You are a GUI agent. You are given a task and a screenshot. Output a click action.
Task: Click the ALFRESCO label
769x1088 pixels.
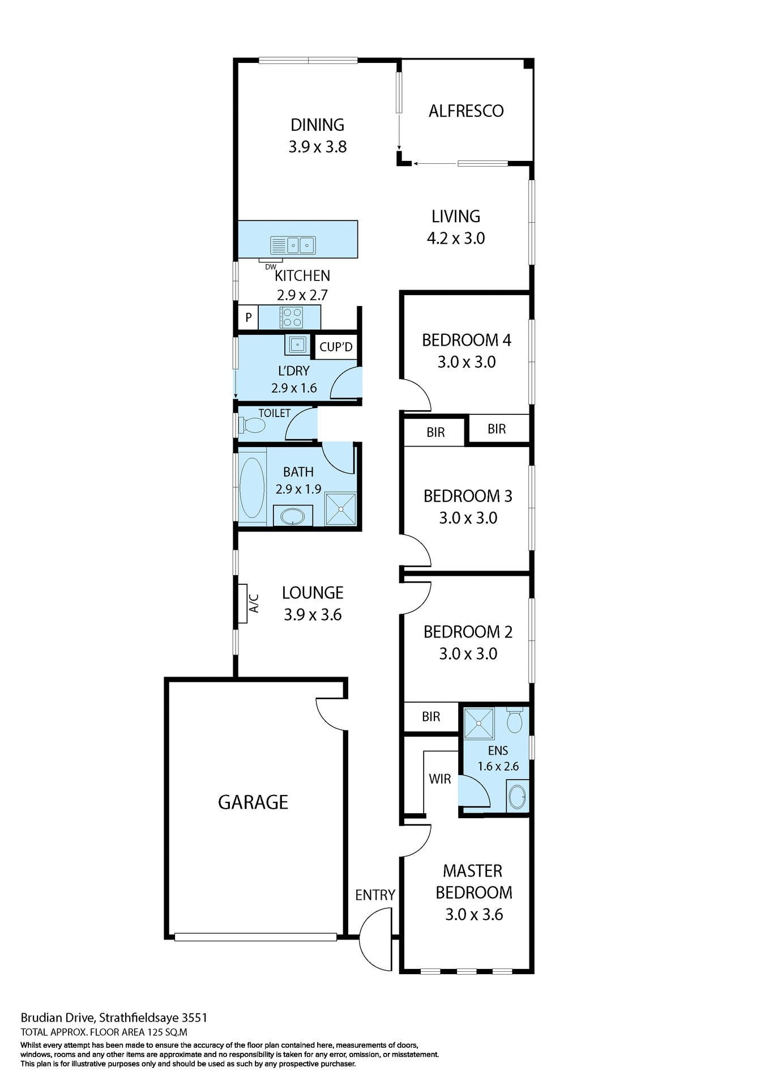click(x=465, y=111)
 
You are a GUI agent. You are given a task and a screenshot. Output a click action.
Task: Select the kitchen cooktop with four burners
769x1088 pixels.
click(x=291, y=317)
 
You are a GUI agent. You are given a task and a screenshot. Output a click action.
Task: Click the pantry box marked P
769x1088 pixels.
click(x=248, y=317)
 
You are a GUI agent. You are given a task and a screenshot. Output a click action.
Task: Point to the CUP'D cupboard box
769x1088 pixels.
click(x=335, y=347)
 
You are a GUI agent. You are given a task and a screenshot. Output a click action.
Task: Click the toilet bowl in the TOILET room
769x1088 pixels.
click(x=252, y=425)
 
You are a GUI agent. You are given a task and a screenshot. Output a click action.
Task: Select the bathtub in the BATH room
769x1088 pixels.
click(x=252, y=488)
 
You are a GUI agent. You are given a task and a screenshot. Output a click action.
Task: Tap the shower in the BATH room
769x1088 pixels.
click(x=341, y=509)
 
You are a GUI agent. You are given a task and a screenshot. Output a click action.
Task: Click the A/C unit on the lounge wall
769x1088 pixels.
click(x=242, y=603)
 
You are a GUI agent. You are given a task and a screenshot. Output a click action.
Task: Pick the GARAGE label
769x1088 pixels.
click(x=253, y=802)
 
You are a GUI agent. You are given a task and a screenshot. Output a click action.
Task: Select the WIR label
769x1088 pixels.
click(x=439, y=779)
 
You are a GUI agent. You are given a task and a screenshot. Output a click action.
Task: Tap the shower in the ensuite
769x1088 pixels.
click(x=479, y=723)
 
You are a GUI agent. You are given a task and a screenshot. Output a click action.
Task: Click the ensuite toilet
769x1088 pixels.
click(x=514, y=720)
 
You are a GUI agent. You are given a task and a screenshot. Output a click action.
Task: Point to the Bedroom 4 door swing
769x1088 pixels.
click(x=416, y=396)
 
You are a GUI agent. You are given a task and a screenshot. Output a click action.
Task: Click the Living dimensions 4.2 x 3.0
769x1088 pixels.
click(x=455, y=239)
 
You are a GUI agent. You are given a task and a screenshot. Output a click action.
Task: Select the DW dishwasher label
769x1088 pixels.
click(x=271, y=266)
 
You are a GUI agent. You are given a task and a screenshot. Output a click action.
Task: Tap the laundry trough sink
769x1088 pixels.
click(x=298, y=344)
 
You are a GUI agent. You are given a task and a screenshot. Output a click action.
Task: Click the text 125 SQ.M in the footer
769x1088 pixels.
click(x=168, y=1032)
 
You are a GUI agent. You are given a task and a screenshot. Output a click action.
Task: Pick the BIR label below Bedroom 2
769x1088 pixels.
click(x=430, y=717)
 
